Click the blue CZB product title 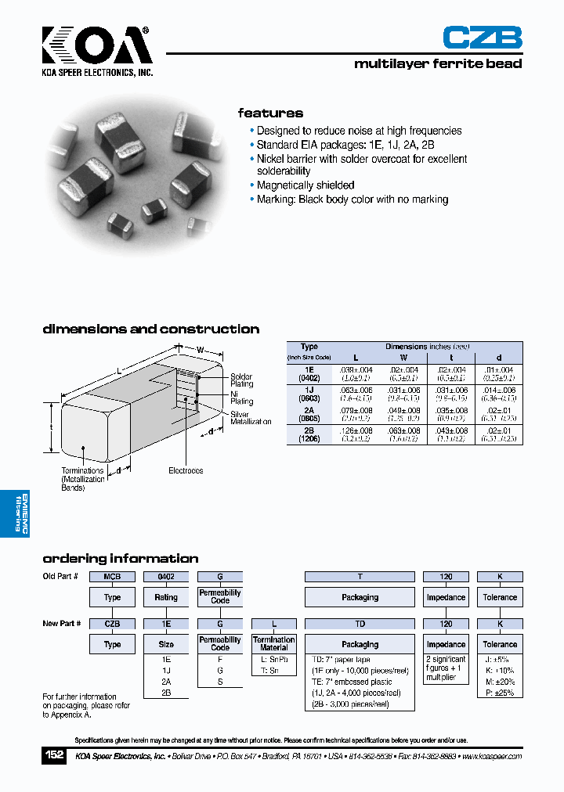(482, 38)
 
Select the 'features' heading (270, 113)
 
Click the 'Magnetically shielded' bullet (305, 185)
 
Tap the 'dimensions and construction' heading (150, 329)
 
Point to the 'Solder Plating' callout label (241, 380)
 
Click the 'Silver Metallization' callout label (251, 418)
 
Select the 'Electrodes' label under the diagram (186, 470)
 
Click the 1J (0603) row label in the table (309, 394)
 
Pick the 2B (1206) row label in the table (309, 435)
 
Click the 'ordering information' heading (120, 559)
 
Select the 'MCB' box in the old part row (112, 577)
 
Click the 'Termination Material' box (274, 644)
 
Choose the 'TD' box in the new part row (360, 625)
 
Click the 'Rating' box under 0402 (166, 597)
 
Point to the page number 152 (53, 755)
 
